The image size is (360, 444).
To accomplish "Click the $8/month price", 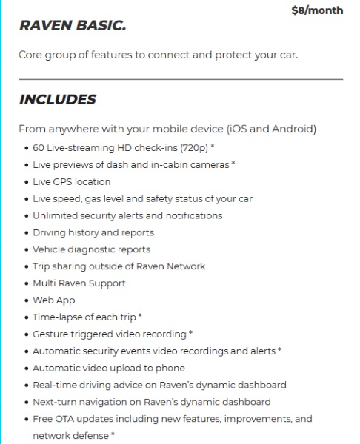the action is click(317, 10).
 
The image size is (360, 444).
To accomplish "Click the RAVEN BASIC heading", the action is click(72, 27).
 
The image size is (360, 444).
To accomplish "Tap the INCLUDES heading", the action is click(57, 100).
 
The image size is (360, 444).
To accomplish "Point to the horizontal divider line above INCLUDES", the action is click(181, 78).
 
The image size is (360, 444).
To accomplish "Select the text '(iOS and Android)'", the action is click(273, 129).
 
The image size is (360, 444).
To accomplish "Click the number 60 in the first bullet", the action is click(39, 147).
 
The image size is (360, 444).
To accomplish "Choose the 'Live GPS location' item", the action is click(72, 181).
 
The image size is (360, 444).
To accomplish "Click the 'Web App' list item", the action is click(53, 300).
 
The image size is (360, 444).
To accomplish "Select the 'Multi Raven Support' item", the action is click(79, 283).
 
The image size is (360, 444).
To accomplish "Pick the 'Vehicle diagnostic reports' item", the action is click(91, 249).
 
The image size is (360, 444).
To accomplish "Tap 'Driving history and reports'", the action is click(93, 232).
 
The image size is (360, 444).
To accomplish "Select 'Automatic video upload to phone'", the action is click(108, 368).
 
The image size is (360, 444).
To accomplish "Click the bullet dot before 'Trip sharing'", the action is click(26, 266).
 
